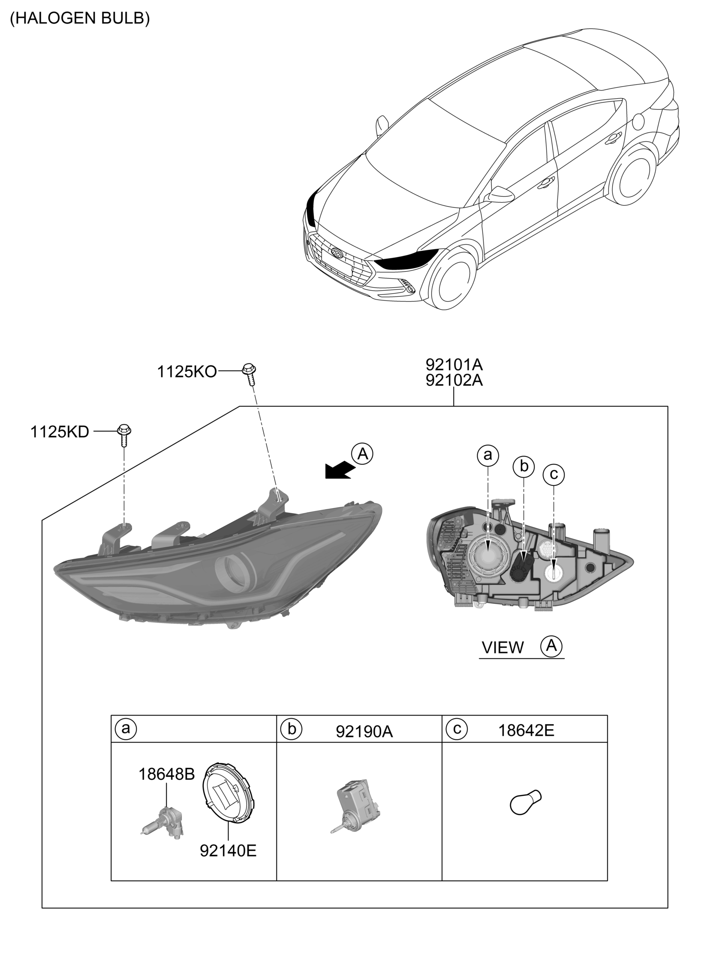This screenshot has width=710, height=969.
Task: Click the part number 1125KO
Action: [x=187, y=372]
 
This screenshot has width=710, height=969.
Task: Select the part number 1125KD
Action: [x=60, y=432]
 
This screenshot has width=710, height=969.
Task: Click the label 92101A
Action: [x=454, y=365]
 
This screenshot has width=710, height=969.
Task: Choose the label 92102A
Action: [x=454, y=381]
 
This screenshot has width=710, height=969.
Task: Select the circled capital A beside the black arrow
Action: [x=362, y=454]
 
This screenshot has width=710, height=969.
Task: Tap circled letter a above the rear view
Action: [x=488, y=455]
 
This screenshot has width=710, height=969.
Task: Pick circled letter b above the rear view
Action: [x=523, y=466]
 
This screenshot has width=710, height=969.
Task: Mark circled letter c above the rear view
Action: [x=554, y=474]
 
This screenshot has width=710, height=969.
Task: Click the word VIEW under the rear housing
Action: [x=503, y=659]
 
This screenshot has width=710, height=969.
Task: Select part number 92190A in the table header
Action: [x=364, y=732]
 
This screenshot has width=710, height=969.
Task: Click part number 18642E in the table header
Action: [x=526, y=731]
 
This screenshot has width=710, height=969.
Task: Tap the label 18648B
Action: [x=166, y=774]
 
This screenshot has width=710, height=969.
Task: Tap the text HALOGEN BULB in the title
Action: [x=80, y=18]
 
